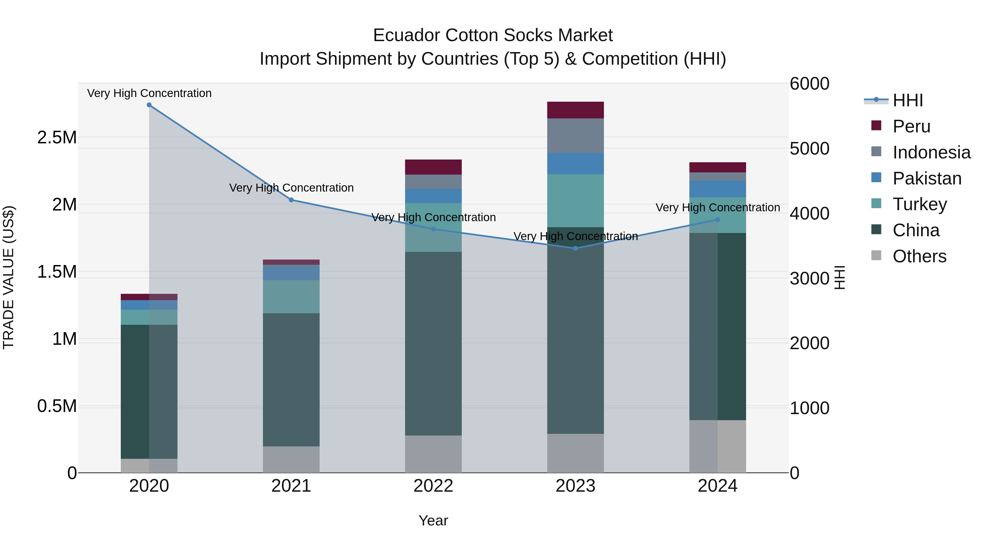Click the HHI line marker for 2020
[149, 105]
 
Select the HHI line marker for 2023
[575, 248]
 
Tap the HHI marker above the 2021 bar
[291, 200]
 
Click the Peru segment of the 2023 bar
[575, 110]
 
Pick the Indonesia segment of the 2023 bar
[575, 136]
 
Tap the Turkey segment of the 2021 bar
[291, 297]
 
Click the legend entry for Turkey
[919, 204]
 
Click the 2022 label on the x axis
[433, 486]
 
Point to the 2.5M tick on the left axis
[57, 137]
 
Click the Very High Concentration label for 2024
[718, 207]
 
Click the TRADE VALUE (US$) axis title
[8, 277]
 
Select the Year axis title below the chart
[433, 520]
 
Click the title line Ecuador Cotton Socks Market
[493, 35]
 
